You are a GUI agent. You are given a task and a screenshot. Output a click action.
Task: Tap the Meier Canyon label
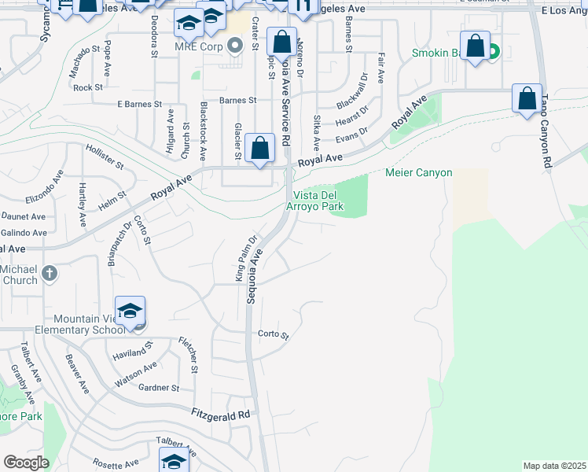coord(418,173)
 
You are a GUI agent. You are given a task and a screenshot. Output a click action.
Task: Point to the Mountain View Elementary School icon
coord(130,311)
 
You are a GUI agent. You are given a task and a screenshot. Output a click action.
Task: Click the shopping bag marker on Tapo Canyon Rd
coord(527,99)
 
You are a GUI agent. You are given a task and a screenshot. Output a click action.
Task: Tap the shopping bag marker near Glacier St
coord(259,148)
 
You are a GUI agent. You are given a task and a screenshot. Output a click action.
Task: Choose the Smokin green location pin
coord(493,53)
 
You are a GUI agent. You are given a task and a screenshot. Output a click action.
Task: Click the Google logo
coord(26,463)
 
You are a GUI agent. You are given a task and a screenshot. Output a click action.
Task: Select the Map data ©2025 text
coord(554,466)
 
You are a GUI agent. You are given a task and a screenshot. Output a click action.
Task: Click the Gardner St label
coord(160,388)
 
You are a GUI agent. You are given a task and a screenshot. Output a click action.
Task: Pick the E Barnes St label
coord(139,104)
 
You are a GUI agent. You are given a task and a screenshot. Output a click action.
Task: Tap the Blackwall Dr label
coord(352,92)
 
